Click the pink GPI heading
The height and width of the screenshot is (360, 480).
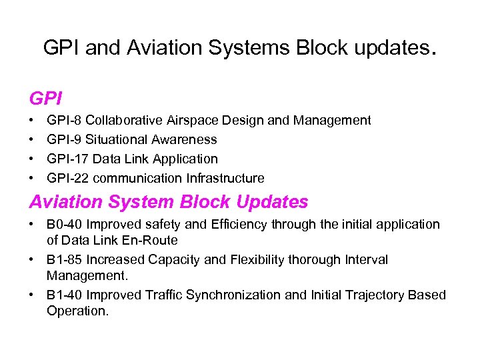46,99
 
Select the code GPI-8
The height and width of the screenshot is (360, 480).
64,121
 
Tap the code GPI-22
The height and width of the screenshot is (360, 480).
67,178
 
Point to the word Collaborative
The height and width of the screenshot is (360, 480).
124,121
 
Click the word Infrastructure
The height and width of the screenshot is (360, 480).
229,178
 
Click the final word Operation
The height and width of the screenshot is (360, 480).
77,310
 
